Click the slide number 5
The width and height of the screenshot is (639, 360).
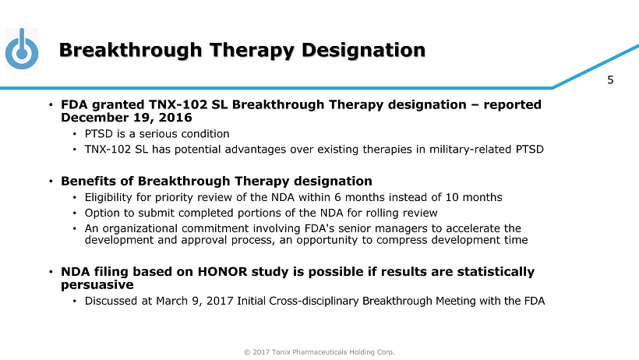click(610, 80)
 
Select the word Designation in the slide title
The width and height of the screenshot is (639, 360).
click(363, 51)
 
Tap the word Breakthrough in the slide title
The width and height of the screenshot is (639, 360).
click(130, 51)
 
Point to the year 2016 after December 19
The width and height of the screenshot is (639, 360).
click(175, 118)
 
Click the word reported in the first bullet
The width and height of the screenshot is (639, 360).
click(512, 104)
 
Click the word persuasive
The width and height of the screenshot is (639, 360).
click(97, 285)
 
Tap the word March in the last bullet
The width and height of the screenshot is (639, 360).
click(170, 301)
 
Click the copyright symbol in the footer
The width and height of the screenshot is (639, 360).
click(247, 352)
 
